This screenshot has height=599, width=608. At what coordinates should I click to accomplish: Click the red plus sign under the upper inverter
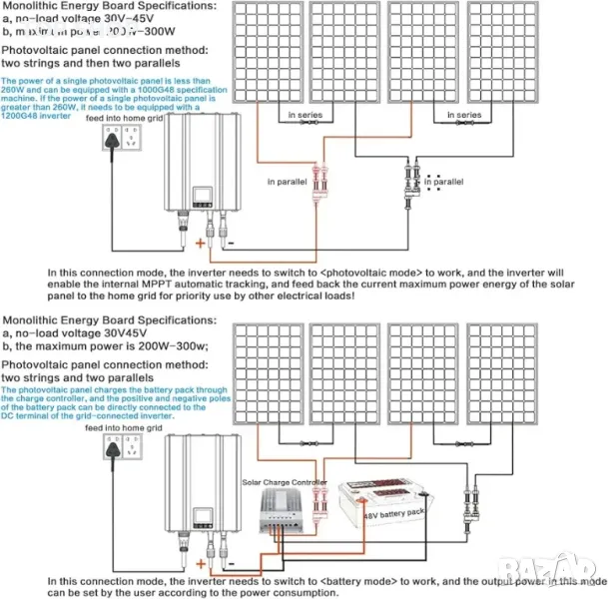click(200, 242)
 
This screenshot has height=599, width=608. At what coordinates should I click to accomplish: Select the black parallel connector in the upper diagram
click(411, 183)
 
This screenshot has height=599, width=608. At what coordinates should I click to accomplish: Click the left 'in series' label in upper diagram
click(305, 116)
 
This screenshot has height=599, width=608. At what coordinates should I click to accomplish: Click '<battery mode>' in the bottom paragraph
click(361, 580)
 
